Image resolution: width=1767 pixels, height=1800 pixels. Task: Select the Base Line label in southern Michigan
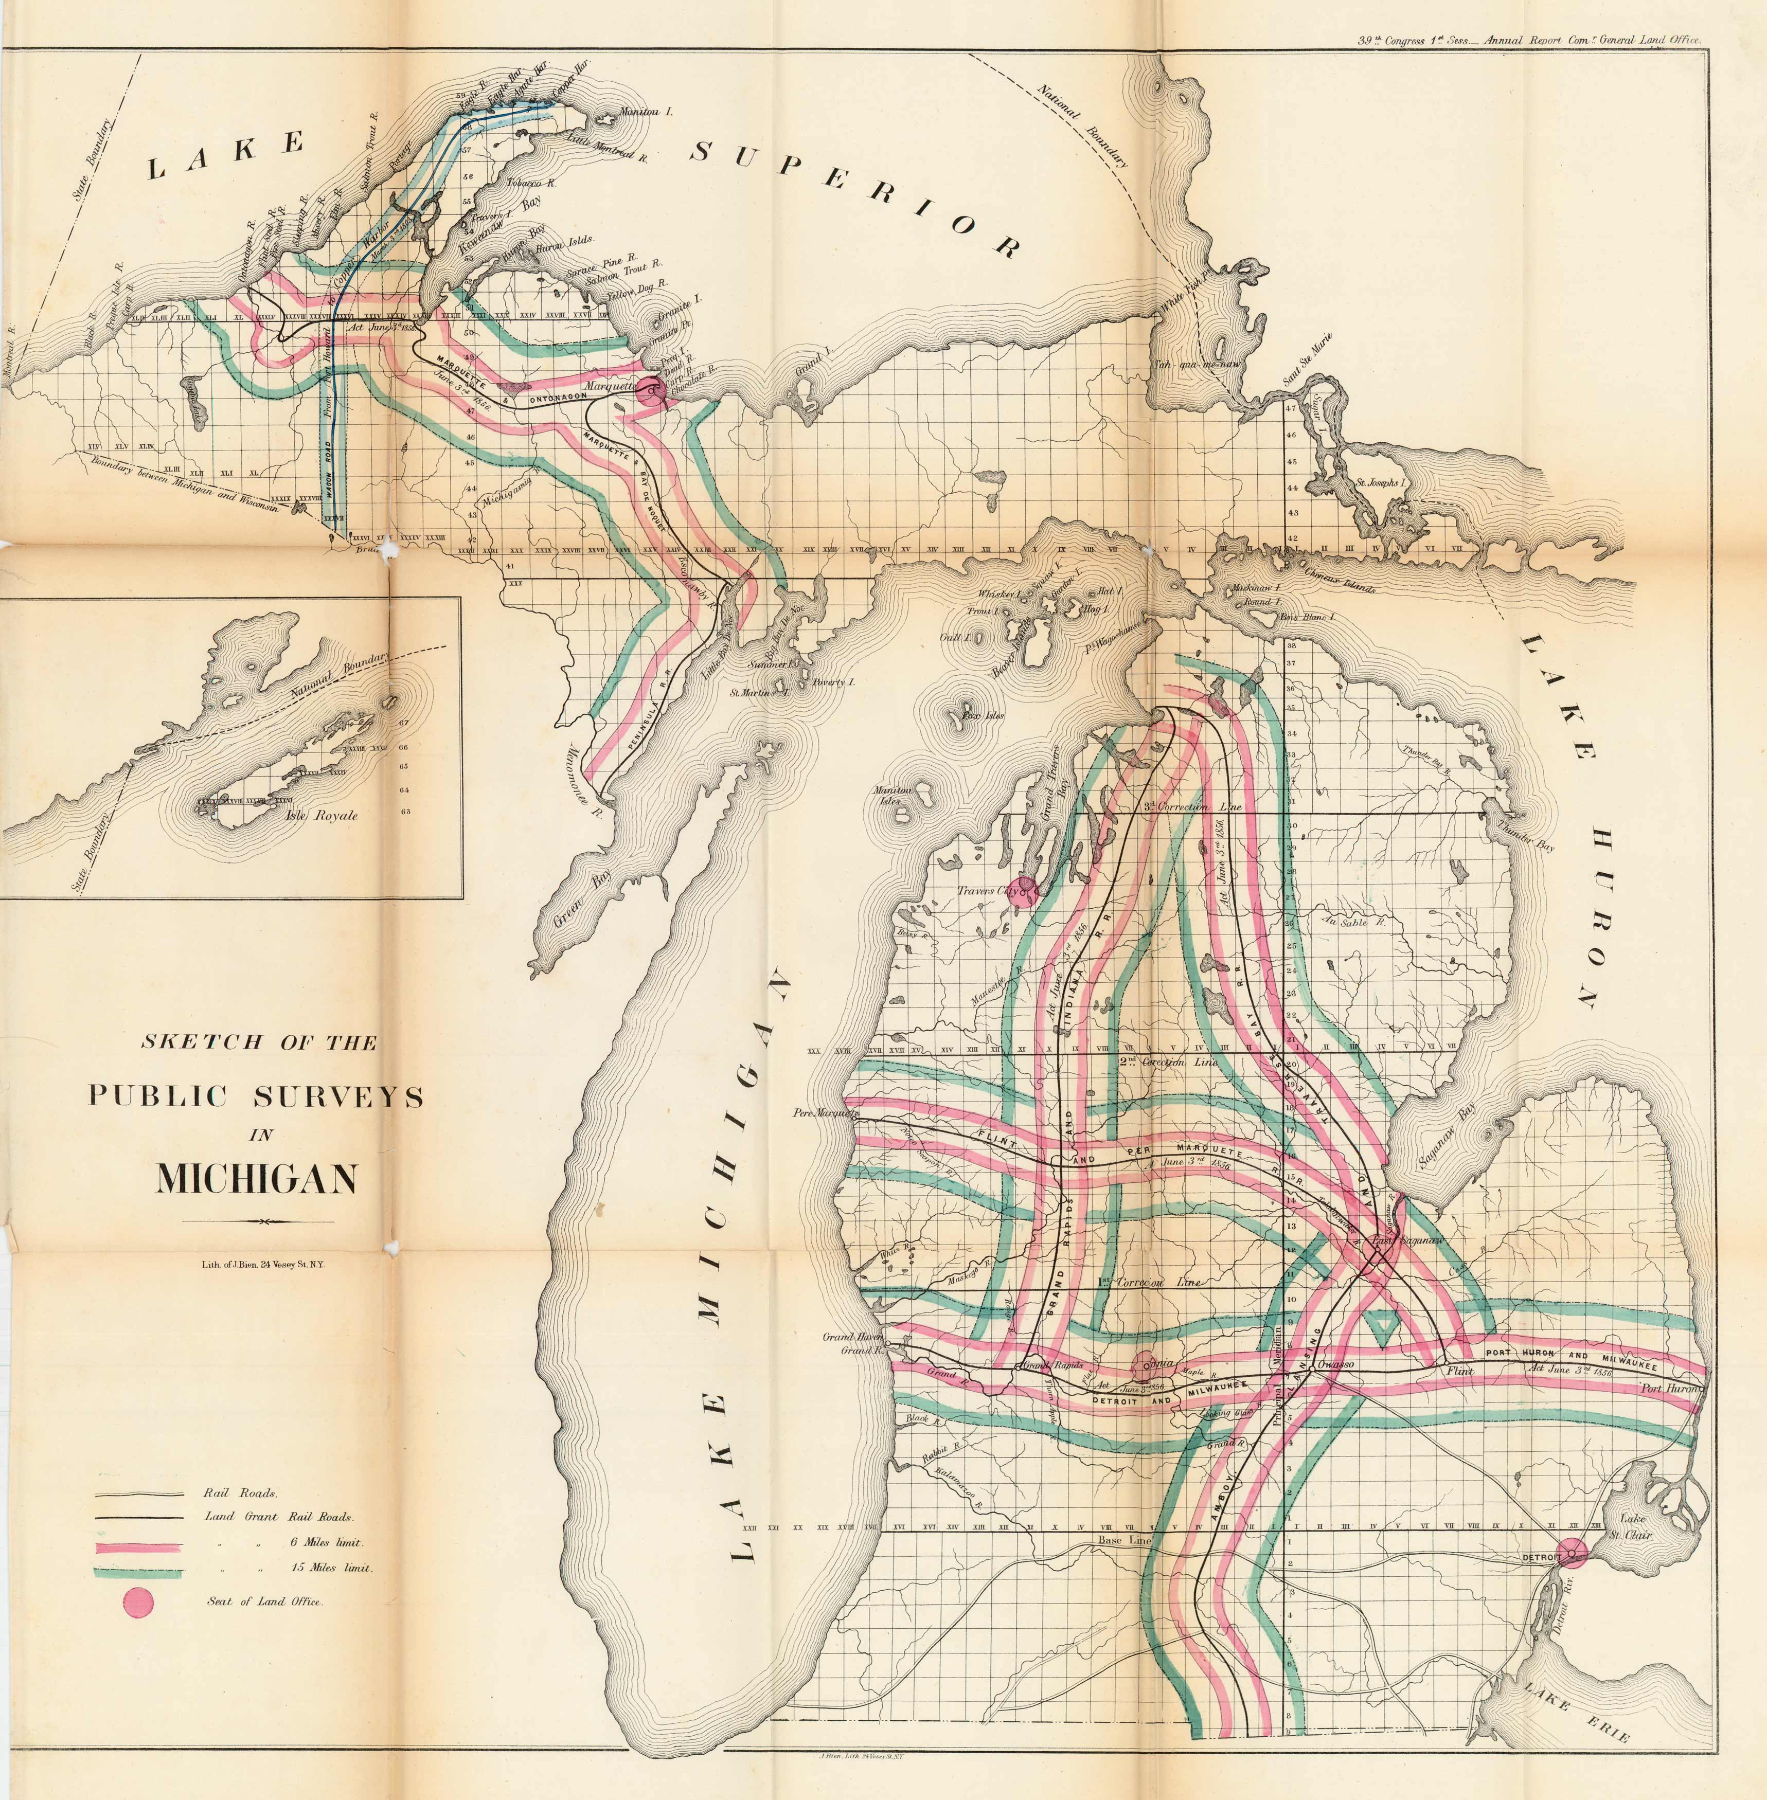tap(1124, 1540)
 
